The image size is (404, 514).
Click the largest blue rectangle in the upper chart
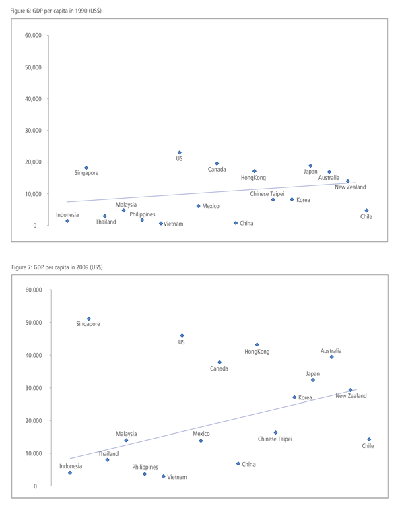(168, 116)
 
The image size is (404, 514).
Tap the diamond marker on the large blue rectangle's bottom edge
(179, 152)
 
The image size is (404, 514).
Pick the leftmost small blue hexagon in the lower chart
(70, 477)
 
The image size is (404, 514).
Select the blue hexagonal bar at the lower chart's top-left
(88, 308)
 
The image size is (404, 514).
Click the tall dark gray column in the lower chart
(119, 404)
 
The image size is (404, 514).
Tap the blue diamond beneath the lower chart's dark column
(125, 440)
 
